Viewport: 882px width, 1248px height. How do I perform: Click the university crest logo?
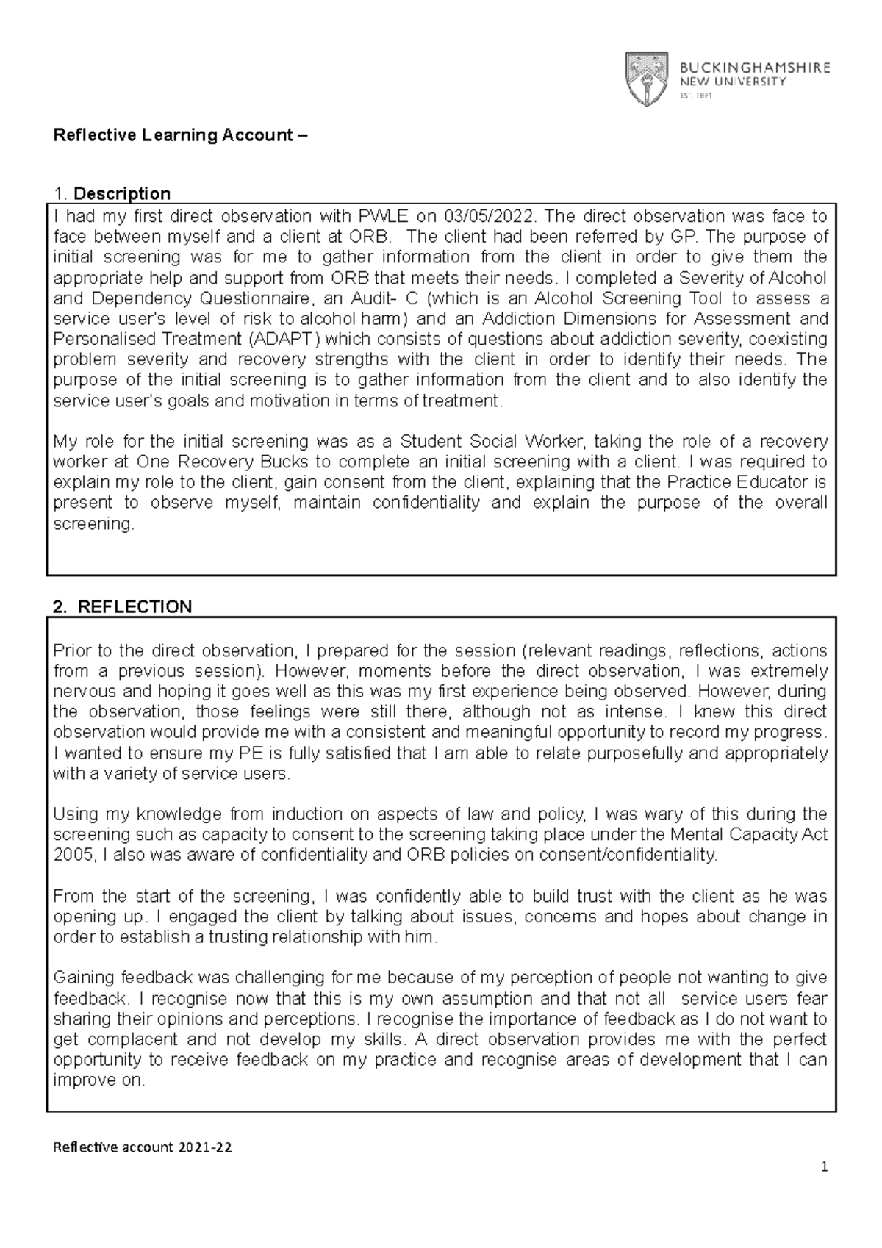[646, 79]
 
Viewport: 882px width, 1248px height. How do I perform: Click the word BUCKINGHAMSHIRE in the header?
[753, 68]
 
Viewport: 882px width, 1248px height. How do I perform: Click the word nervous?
[80, 692]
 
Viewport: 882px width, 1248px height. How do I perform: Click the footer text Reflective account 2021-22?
[143, 1147]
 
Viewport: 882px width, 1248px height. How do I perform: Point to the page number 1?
[825, 1167]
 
